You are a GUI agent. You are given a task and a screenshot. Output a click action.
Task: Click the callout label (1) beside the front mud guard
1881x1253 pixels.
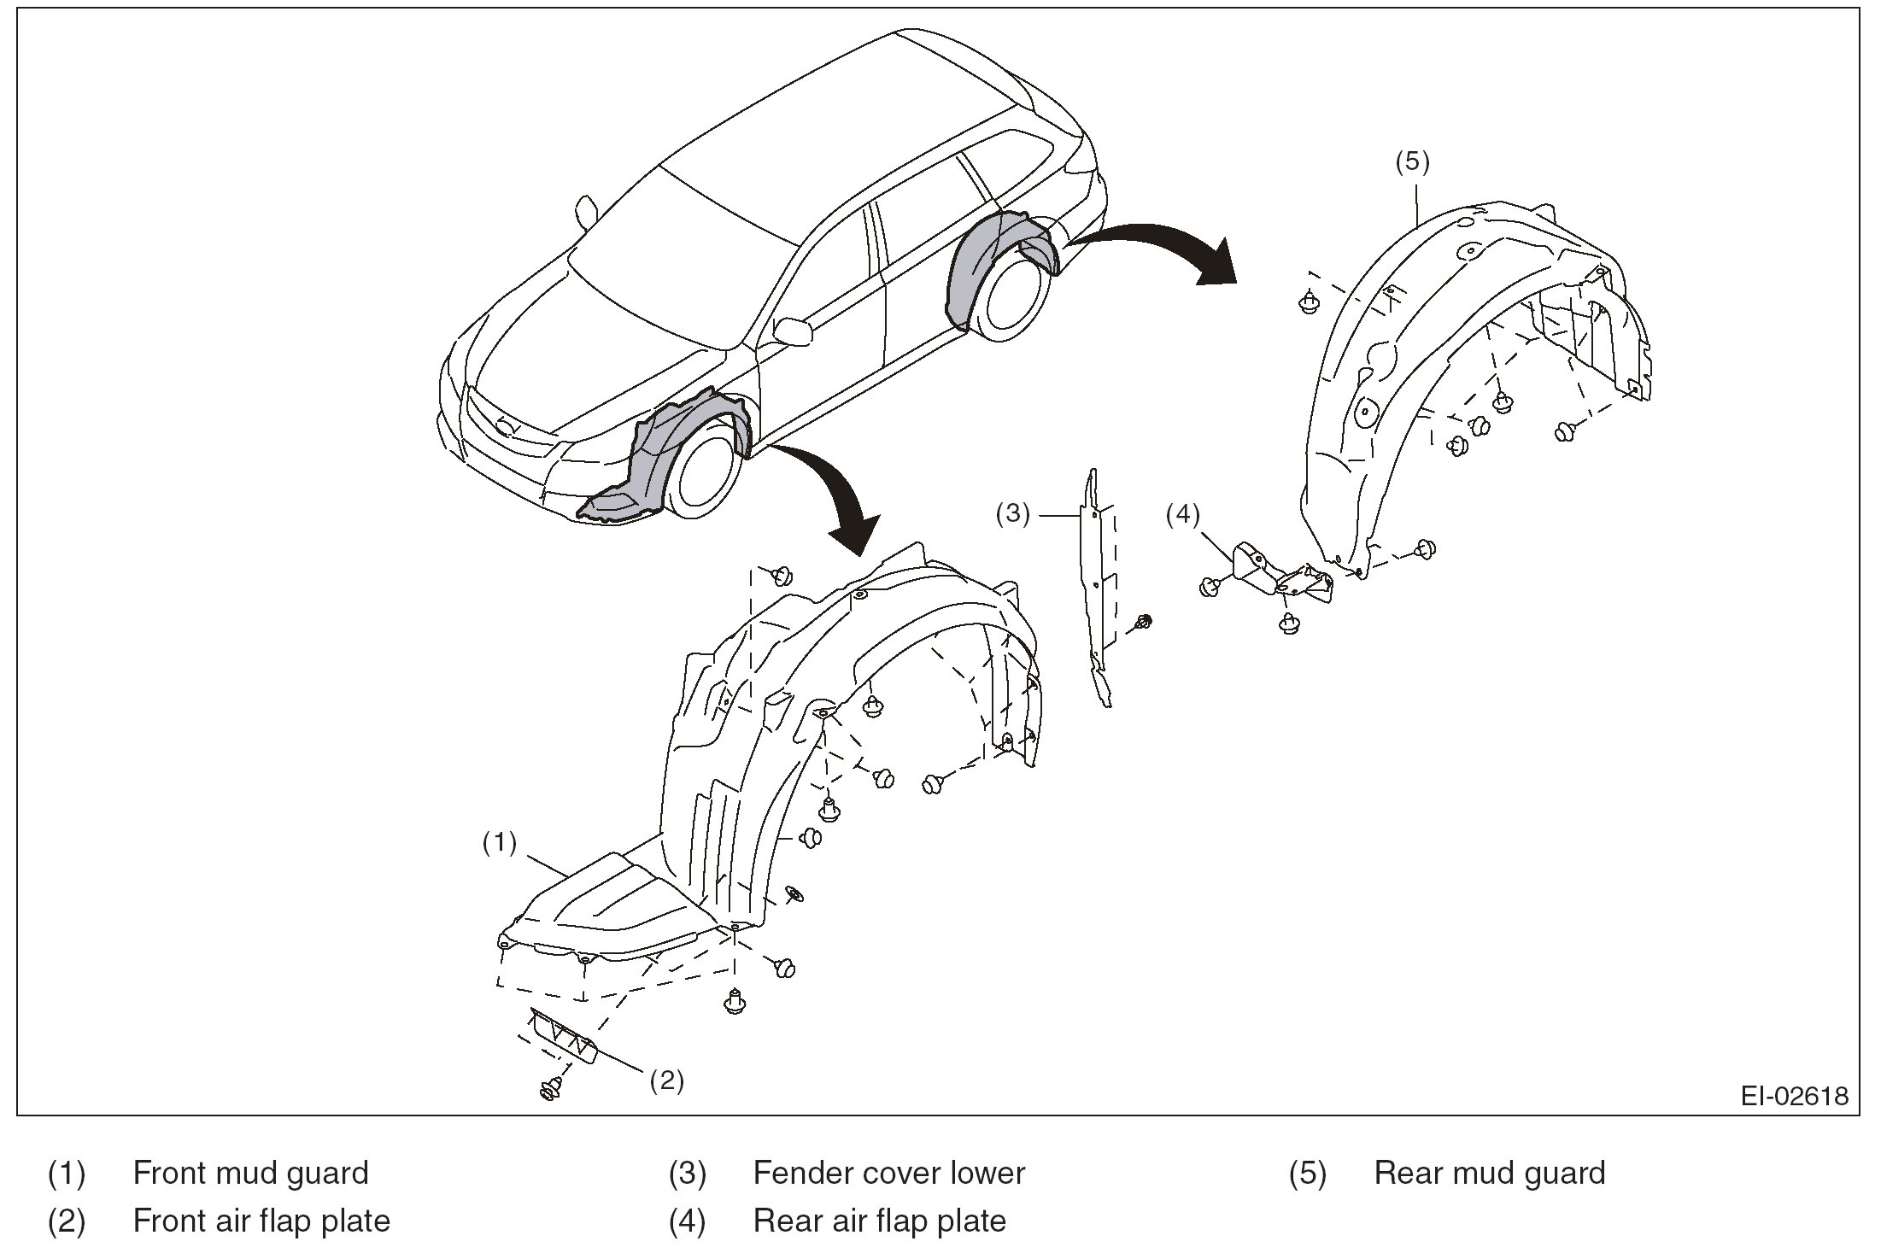[500, 843]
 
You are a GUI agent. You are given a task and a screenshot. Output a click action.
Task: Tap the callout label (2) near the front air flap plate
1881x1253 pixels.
[666, 1080]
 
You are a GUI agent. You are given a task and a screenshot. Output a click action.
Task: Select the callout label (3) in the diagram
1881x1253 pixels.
[1013, 514]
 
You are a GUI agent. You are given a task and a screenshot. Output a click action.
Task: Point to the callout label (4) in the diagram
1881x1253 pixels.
[1183, 514]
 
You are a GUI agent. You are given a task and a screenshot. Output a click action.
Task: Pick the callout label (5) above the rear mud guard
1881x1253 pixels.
[1412, 162]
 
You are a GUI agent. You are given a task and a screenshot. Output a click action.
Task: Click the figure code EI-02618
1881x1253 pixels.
[1795, 1096]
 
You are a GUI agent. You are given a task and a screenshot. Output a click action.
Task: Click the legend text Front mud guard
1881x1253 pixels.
[250, 1173]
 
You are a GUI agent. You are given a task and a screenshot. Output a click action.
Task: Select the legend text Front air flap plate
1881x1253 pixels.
[261, 1221]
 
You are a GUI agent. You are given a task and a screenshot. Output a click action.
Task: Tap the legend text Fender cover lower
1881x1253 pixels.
[888, 1173]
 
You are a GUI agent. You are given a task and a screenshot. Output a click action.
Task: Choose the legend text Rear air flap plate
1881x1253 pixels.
[879, 1221]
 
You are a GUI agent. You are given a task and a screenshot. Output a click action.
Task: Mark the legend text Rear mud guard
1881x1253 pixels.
[1489, 1173]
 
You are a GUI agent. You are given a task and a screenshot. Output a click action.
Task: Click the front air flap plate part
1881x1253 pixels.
[564, 1036]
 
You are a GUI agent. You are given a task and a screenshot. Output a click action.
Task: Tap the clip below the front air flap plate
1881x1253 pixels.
[551, 1088]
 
